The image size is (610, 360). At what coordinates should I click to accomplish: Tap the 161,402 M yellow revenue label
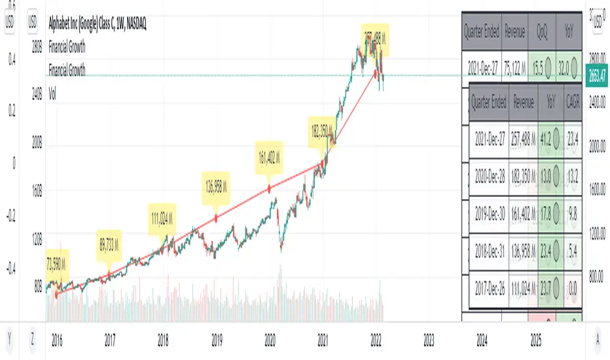point(270,158)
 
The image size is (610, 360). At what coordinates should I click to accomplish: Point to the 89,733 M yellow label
point(109,240)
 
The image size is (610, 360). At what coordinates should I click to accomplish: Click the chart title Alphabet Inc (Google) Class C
point(98,24)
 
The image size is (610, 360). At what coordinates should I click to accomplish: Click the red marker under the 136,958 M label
point(217,216)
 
